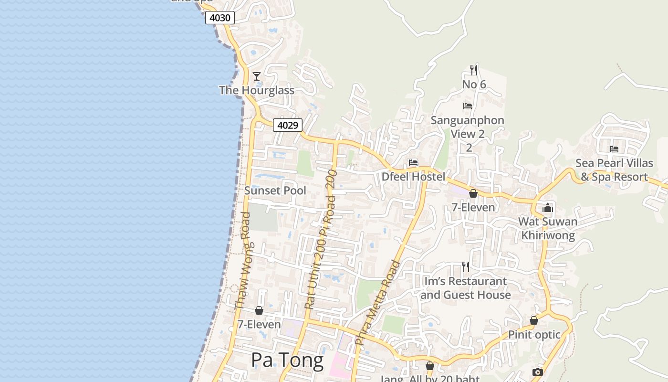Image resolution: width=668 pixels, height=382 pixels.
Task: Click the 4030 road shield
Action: (220, 18)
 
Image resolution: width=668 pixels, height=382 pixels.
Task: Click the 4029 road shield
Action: (288, 125)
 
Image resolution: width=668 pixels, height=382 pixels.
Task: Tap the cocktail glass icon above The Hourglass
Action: (257, 76)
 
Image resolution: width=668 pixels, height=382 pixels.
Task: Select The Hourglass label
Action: (257, 90)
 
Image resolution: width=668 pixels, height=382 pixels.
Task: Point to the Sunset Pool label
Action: (275, 191)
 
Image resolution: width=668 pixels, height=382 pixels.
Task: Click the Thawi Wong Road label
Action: (243, 260)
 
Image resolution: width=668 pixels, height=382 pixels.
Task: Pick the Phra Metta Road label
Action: (377, 302)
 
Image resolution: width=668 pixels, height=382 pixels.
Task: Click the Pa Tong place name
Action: (287, 360)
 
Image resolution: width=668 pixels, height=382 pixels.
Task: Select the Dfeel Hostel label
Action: (413, 177)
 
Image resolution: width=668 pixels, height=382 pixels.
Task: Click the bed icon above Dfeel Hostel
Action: (413, 163)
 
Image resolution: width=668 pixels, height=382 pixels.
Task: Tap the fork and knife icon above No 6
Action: (474, 70)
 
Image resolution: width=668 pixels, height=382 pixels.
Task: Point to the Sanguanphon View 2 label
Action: (468, 127)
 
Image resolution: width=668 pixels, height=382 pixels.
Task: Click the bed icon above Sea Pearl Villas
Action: (614, 149)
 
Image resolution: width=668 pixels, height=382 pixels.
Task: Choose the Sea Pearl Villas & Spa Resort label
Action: (614, 170)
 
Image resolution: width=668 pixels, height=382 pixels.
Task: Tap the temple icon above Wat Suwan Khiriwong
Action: (548, 208)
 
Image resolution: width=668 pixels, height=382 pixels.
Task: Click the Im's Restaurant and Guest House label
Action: (465, 288)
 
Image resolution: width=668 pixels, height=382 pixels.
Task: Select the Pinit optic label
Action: (534, 335)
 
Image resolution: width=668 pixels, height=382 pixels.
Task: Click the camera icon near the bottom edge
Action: (538, 372)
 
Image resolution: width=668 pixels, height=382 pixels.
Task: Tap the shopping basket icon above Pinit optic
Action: (534, 320)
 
